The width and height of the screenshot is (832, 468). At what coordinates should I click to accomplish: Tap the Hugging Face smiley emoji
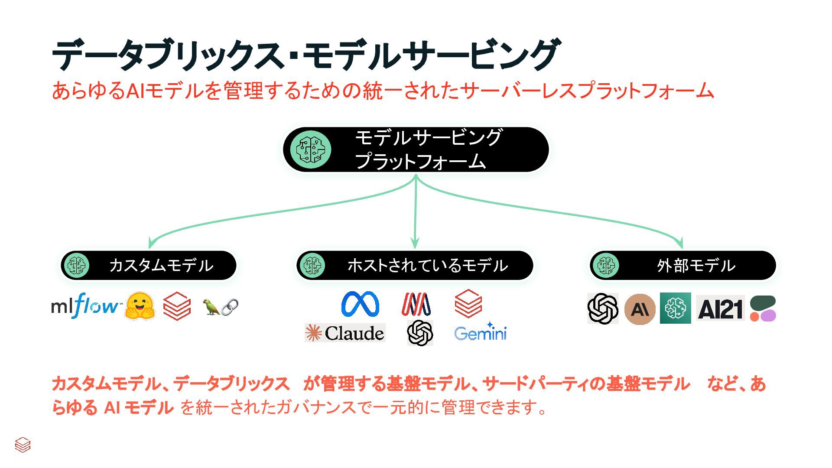coord(140,306)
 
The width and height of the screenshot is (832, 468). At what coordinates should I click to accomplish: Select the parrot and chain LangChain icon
coord(221,307)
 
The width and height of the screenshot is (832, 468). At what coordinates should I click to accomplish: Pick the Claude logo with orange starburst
coord(345,333)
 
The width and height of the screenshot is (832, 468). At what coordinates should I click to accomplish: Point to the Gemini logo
coord(480,333)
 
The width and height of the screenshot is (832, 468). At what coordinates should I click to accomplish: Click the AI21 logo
coord(720,309)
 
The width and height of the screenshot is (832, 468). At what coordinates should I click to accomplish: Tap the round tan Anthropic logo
coord(640,309)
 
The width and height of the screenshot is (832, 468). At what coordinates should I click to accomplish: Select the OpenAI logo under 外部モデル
coord(603,309)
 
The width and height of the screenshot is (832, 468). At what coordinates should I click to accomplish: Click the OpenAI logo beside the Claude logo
coord(420,333)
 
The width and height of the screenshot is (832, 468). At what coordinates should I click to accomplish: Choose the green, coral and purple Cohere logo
coord(763,309)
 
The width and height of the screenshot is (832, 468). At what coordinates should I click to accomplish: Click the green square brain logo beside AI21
coord(675,308)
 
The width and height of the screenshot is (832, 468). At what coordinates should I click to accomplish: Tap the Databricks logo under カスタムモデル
coord(177,306)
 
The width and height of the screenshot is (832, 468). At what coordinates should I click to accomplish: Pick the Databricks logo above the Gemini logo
coord(468,303)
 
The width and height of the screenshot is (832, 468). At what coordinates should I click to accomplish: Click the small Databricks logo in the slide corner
coord(23,445)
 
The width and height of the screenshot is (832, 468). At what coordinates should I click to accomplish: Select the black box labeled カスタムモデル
coord(149,265)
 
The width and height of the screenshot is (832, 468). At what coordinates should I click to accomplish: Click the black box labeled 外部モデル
coord(682,265)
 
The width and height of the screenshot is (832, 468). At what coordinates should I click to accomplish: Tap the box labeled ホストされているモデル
coord(415,265)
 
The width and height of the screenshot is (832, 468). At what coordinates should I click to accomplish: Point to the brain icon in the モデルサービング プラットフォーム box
coord(310,149)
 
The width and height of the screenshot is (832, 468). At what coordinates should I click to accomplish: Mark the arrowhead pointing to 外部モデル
coord(681,244)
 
